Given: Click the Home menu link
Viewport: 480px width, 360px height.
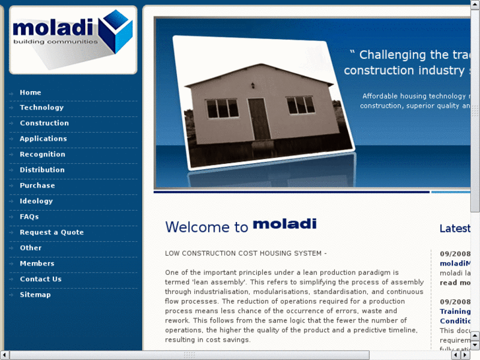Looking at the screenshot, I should [30, 92].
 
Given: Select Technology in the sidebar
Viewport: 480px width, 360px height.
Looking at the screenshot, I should [42, 108].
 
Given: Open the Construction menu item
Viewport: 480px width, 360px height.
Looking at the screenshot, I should [44, 124].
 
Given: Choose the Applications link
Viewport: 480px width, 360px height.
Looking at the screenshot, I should [43, 139].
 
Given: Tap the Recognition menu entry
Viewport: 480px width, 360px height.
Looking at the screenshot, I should [42, 155].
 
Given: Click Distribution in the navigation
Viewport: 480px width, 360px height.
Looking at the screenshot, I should [42, 170].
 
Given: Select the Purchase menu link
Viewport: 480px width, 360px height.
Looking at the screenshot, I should [37, 186].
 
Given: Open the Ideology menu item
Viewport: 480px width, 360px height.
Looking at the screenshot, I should [36, 201].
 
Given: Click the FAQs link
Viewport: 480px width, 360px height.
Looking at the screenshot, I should [29, 217].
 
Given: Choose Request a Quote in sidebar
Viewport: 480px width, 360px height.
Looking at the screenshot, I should [51, 233].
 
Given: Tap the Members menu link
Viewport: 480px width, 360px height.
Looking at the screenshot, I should [37, 264].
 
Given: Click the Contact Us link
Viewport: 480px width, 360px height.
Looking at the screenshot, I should [40, 279].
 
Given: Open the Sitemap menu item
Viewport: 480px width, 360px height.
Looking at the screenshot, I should [35, 295].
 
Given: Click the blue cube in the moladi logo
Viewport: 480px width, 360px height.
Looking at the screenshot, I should [118, 31].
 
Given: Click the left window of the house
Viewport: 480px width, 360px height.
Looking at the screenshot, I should [222, 108].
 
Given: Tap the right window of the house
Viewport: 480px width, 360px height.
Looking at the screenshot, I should [300, 104].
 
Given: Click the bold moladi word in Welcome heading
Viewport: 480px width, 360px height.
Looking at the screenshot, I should [285, 225].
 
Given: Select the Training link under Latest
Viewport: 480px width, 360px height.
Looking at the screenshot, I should [455, 311].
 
